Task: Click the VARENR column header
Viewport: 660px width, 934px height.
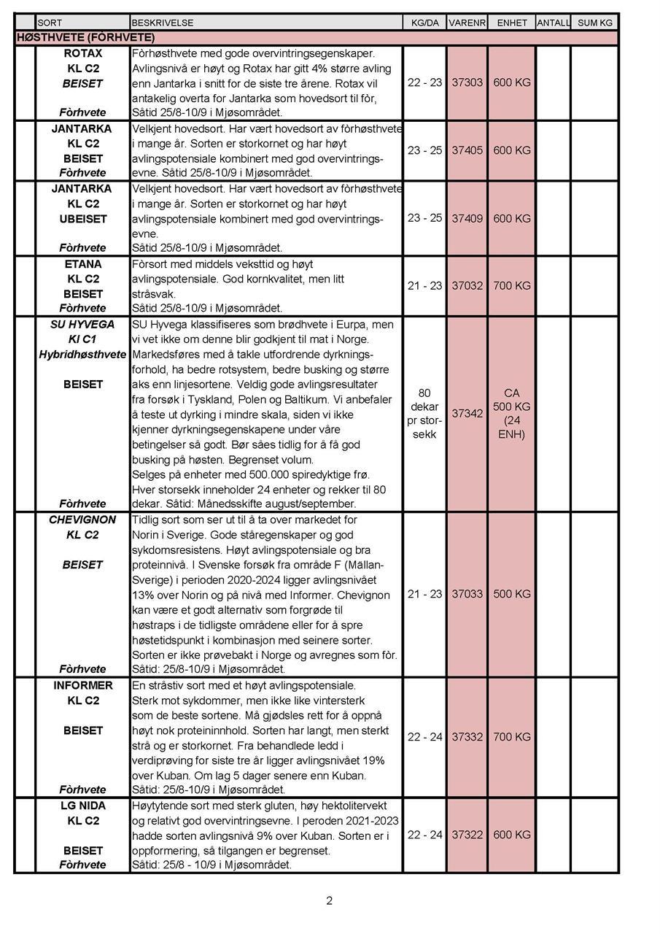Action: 467,23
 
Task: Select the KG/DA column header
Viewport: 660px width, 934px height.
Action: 424,23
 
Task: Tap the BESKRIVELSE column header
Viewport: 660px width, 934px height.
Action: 163,23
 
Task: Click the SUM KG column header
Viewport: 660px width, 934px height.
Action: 595,23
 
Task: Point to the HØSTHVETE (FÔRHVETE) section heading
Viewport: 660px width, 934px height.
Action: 85,37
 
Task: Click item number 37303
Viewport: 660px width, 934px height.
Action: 467,82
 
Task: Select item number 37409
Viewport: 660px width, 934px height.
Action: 467,218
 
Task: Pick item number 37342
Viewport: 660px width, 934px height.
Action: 467,413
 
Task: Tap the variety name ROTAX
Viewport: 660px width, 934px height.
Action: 83,53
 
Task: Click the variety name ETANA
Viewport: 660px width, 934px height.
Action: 83,264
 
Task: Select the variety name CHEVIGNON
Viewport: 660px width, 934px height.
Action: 82,520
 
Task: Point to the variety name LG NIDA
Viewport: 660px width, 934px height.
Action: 83,806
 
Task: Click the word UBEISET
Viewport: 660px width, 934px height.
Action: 83,218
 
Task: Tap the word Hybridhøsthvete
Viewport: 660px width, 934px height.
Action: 82,354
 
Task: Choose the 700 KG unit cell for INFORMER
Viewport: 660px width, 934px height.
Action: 511,737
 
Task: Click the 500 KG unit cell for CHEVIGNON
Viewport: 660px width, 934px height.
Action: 511,594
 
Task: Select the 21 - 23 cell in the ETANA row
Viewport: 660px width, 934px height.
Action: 424,285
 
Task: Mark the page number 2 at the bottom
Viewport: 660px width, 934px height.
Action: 329,900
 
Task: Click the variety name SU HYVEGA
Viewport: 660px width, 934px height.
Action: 82,324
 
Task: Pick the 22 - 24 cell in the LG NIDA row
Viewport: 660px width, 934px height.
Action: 424,834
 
